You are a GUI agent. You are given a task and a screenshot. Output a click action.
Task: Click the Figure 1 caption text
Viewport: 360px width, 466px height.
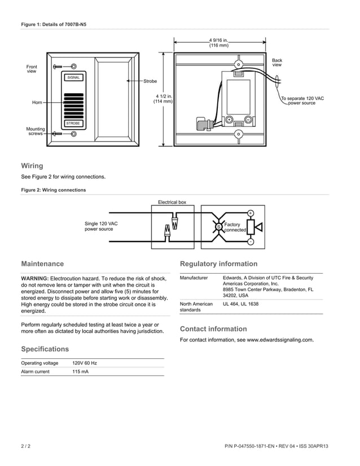coord(54,24)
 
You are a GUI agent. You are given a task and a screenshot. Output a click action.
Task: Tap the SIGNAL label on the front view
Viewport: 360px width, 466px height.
coord(74,77)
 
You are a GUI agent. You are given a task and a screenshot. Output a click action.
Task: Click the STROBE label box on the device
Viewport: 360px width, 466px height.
coord(73,123)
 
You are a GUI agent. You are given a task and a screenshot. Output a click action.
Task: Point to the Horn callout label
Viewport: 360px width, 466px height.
coord(37,103)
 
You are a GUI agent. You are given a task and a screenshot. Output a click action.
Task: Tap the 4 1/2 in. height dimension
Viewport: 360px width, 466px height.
coord(163,99)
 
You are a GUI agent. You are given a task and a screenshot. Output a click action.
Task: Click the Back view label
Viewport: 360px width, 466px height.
coord(277,63)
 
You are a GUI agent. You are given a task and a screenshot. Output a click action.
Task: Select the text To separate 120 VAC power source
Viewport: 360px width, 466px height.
coord(302,100)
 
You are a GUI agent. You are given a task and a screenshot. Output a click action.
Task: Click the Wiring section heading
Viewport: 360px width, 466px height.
coord(32,166)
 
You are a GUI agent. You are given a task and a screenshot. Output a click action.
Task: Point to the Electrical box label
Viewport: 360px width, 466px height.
coord(172,202)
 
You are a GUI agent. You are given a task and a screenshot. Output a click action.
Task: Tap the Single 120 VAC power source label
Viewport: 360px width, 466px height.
coord(101,226)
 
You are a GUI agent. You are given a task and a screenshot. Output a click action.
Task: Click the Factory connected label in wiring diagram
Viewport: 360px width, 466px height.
coord(235,227)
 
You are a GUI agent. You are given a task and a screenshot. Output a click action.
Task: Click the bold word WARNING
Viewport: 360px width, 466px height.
coord(34,279)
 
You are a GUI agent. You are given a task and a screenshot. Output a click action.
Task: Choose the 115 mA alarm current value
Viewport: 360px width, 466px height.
coord(80,372)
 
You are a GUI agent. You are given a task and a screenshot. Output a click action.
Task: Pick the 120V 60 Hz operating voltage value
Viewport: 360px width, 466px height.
coord(85,363)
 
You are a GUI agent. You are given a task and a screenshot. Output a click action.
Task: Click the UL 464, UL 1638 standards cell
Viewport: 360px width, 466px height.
coord(241,304)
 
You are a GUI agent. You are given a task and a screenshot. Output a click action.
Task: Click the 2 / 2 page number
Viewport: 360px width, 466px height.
coord(26,446)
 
